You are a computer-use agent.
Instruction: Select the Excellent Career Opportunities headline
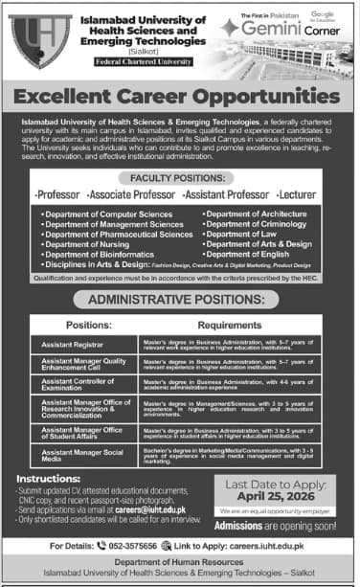click(x=180, y=97)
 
